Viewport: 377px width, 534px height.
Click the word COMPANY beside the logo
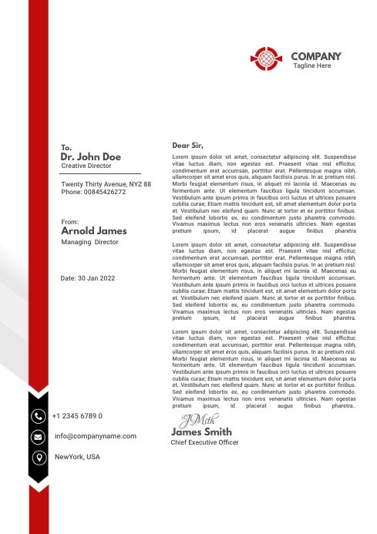tap(316, 56)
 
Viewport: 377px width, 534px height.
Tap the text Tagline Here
tap(312, 66)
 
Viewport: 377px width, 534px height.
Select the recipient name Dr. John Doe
tap(91, 156)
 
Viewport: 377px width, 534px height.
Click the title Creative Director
tap(86, 166)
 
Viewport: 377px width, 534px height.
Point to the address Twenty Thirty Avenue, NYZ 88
tap(106, 184)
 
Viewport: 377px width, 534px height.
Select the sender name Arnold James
tap(93, 230)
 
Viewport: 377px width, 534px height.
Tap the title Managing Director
tap(90, 242)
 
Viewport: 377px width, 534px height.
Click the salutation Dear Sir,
tap(187, 145)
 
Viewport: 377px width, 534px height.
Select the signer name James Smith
tap(201, 432)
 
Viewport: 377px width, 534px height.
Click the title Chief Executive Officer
tap(204, 442)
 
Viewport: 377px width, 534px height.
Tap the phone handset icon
tap(38, 416)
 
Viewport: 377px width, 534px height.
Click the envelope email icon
tap(38, 437)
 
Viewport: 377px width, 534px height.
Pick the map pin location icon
tap(38, 458)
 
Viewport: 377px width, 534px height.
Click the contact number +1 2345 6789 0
tap(77, 416)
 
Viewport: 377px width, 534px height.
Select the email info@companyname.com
tap(96, 436)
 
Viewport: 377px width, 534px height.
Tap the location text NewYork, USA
tap(77, 457)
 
